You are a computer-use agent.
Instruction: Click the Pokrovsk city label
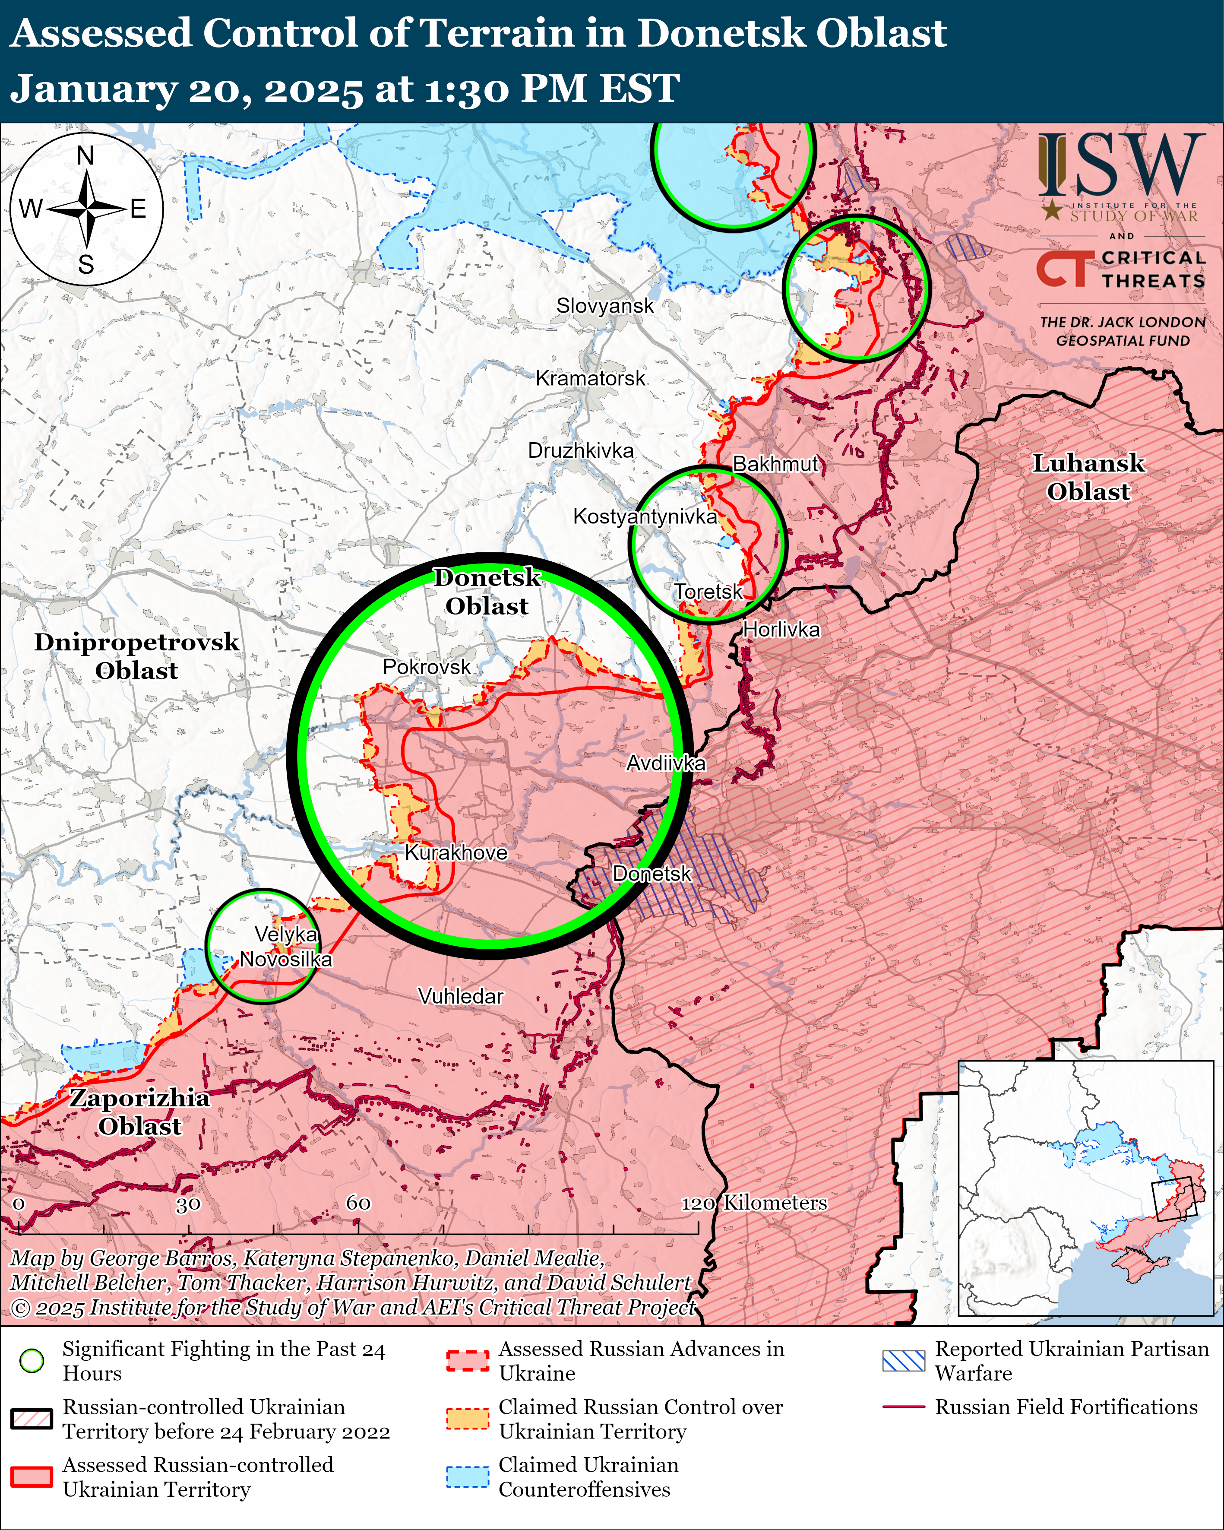coord(427,667)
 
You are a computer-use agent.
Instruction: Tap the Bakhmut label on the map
coord(775,464)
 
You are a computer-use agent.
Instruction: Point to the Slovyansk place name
coord(604,306)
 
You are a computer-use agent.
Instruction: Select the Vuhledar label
coord(461,996)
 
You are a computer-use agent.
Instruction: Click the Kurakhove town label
coord(456,852)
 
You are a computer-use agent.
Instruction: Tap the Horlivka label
coord(781,630)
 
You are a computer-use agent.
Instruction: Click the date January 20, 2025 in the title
coord(186,89)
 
